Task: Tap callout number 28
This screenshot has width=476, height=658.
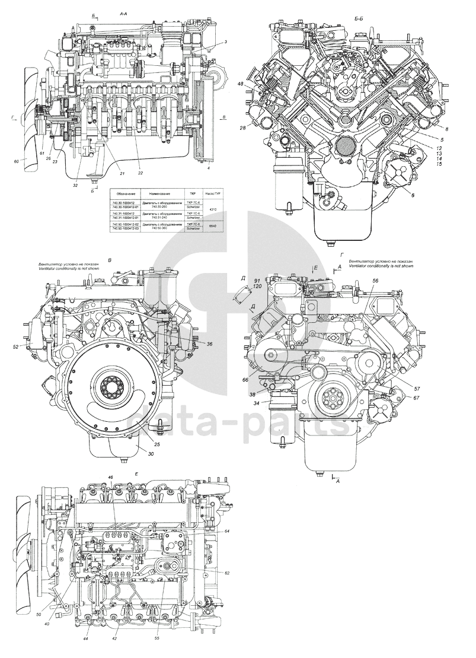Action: (243, 128)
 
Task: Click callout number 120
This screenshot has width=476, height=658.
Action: (257, 286)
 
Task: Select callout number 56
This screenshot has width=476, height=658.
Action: (375, 280)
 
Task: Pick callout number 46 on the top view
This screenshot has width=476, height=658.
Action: (110, 478)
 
